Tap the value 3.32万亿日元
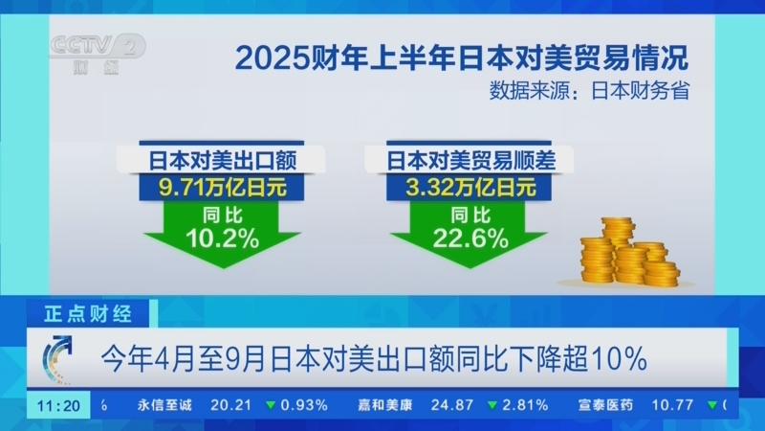click(x=470, y=186)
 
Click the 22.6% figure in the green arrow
click(x=470, y=239)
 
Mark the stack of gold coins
click(x=626, y=251)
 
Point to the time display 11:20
click(x=58, y=404)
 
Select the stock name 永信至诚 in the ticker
click(x=165, y=404)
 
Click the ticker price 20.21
click(x=230, y=404)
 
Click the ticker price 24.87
click(x=451, y=404)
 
